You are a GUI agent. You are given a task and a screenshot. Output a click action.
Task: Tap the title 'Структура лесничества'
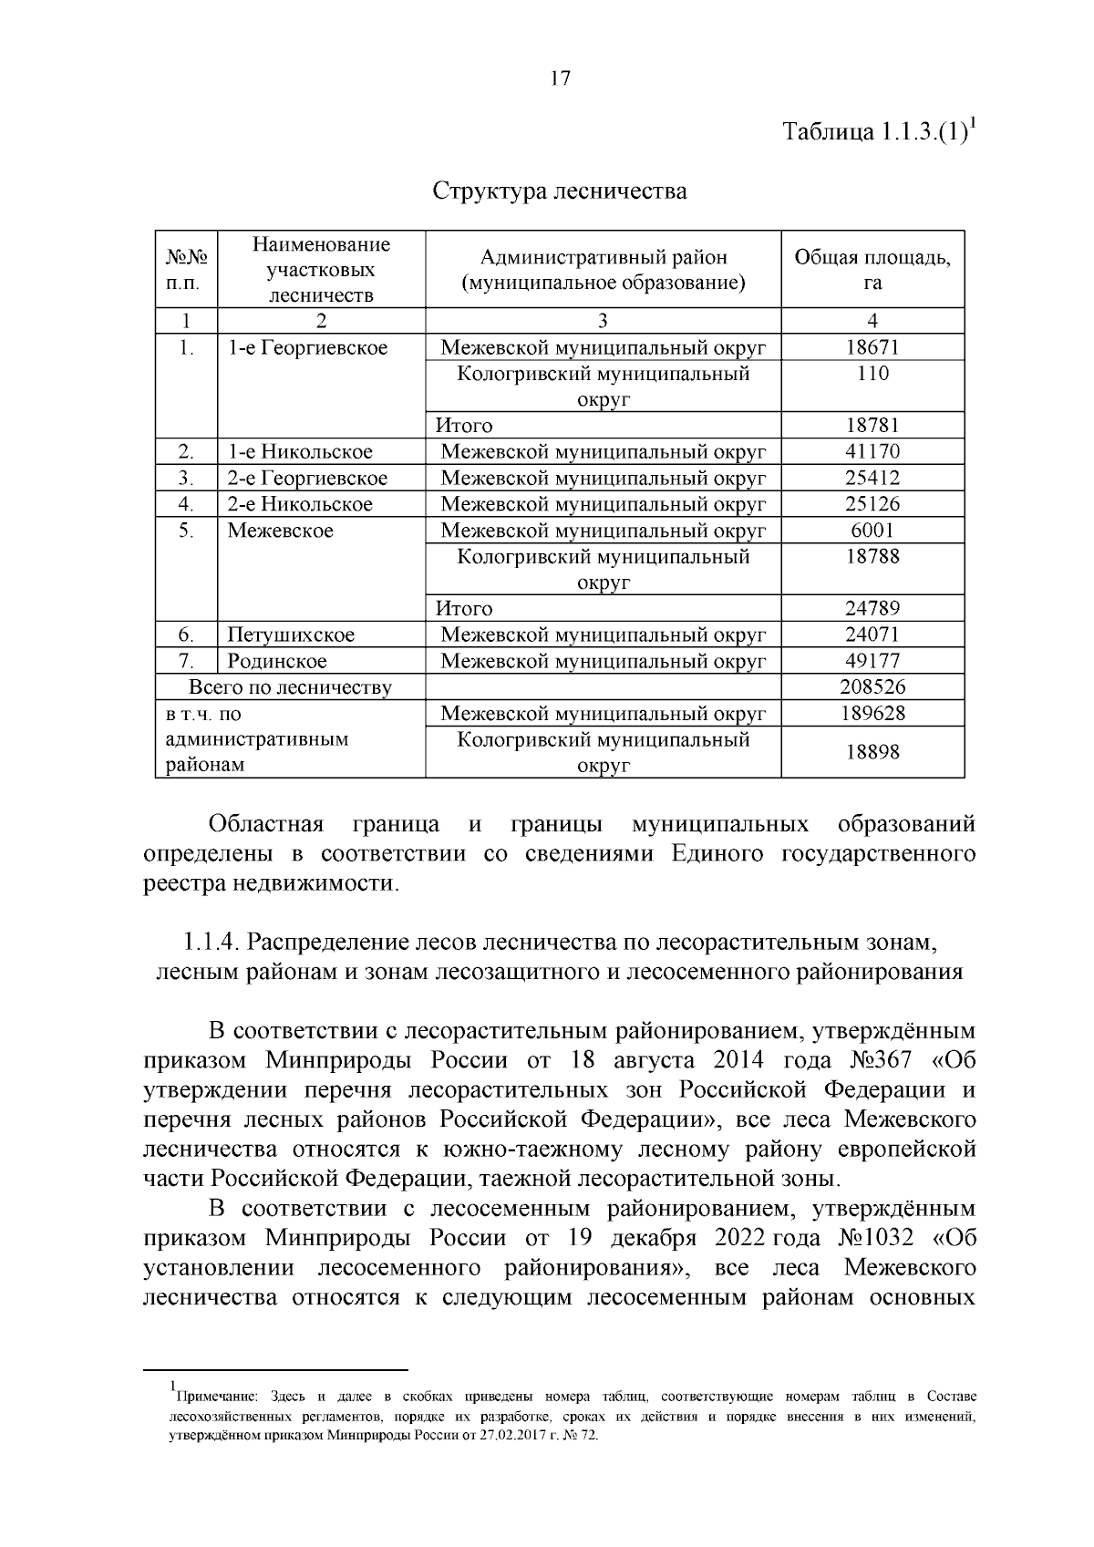point(559,191)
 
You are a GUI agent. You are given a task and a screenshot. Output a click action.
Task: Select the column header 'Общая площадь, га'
point(872,270)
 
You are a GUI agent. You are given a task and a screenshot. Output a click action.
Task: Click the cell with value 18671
point(872,347)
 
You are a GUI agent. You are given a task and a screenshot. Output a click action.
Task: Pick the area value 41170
point(872,452)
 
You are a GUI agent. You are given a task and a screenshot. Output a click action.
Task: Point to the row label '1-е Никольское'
point(300,452)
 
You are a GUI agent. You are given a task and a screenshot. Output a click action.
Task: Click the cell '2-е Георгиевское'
point(307,479)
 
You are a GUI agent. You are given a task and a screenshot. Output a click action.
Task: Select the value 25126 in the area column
point(872,504)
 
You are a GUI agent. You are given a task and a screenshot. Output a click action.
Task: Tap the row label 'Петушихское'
point(291,634)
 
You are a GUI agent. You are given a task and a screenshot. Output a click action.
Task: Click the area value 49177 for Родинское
point(872,661)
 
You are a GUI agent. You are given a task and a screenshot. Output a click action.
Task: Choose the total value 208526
point(872,687)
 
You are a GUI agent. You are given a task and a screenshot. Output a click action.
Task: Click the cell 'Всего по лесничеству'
point(290,687)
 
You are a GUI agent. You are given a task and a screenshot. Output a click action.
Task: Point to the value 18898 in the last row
point(872,752)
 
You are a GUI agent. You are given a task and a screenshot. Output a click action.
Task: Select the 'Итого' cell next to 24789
point(464,609)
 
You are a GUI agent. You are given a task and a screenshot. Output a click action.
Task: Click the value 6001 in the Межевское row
point(872,531)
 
